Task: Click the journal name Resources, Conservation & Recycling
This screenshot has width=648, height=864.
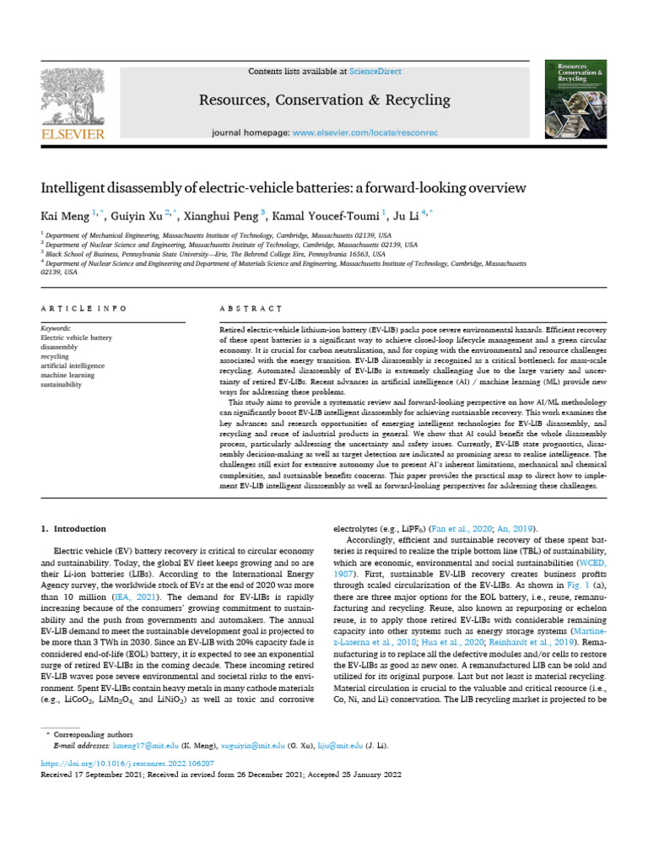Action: [x=323, y=101]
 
